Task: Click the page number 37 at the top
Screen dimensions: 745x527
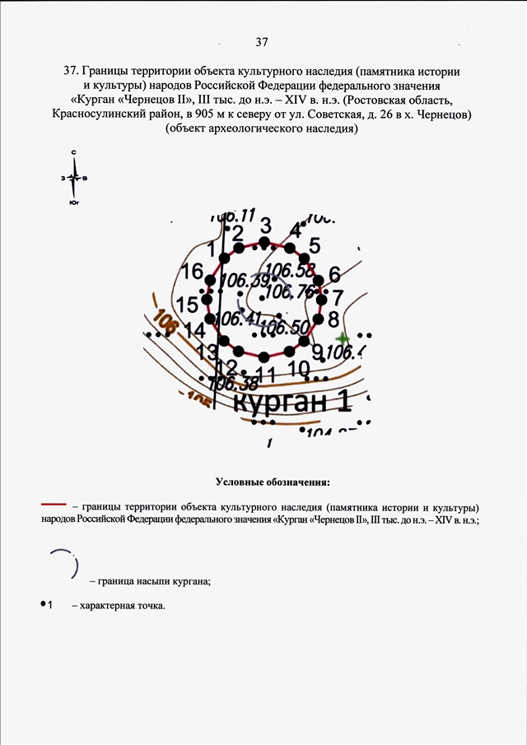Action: tap(263, 41)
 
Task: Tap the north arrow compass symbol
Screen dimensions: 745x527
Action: tap(74, 177)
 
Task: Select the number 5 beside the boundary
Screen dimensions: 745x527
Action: tap(314, 245)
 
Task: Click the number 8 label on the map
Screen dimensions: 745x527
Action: tap(333, 319)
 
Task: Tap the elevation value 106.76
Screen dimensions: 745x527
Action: tap(291, 291)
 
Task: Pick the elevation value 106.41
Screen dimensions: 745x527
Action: tap(240, 319)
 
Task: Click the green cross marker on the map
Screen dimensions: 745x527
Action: tap(343, 338)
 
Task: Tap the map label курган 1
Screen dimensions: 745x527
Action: tap(292, 403)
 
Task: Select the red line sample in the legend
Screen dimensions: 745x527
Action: tap(54, 503)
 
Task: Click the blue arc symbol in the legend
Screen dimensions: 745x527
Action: tap(66, 565)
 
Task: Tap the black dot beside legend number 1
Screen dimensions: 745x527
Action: tap(42, 605)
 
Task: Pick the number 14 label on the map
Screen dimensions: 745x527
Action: tap(195, 331)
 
